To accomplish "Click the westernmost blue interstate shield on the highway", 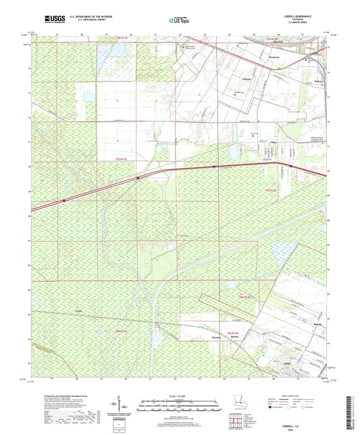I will point(63,200).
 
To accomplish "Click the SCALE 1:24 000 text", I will point(179,394).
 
